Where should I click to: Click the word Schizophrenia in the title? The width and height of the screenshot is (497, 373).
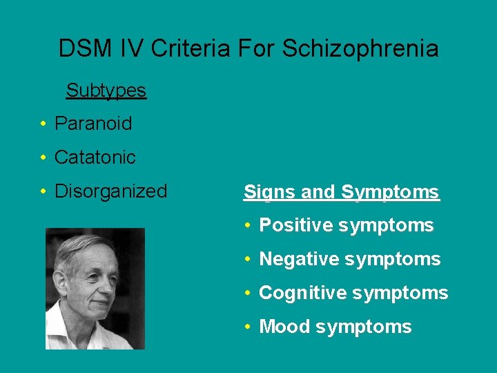[x=360, y=49]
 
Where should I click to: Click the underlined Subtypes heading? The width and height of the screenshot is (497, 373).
[x=106, y=90]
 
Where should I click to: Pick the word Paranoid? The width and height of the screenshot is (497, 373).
[x=93, y=124]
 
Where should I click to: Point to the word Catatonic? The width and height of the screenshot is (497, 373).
[x=95, y=157]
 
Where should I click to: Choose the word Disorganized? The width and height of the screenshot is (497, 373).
[x=111, y=191]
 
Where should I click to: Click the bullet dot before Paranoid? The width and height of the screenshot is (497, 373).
[x=43, y=124]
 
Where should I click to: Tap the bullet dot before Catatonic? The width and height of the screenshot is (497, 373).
[x=43, y=158]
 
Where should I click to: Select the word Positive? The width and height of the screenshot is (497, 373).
[x=295, y=225]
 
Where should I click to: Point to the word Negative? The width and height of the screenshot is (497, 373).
[x=298, y=259]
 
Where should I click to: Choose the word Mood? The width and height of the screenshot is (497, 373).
[x=284, y=327]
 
